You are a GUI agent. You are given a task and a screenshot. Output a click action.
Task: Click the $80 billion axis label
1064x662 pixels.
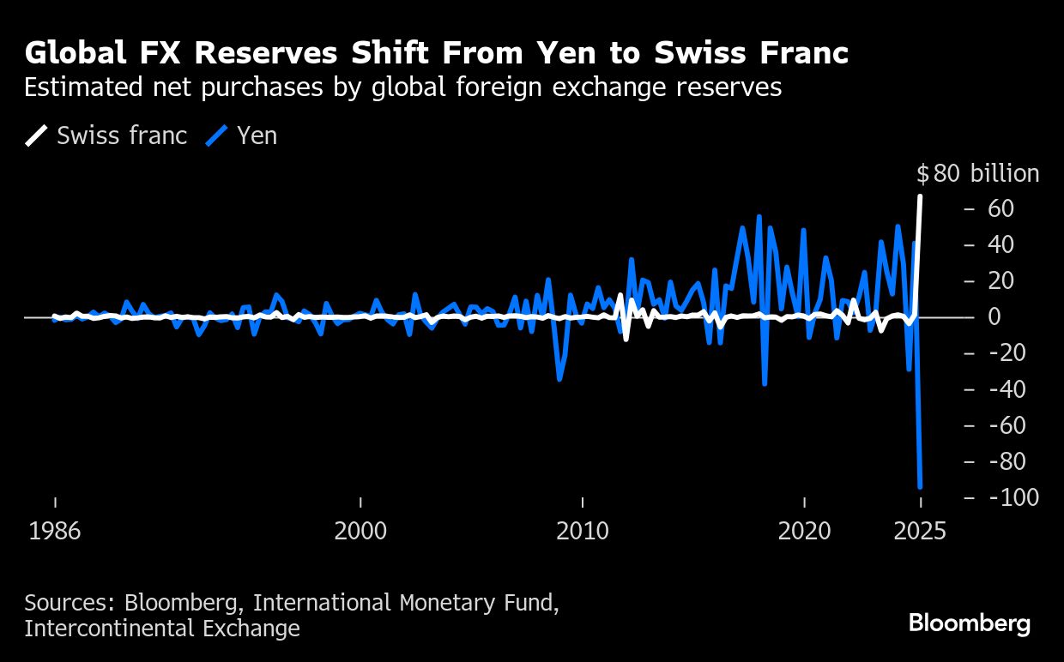coord(977,173)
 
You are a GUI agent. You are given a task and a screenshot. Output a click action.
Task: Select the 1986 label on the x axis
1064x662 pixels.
coord(55,531)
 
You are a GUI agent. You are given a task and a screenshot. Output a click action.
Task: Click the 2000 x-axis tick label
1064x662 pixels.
coord(360,531)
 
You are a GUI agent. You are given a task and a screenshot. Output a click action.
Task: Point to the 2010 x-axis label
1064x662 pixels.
coord(583,531)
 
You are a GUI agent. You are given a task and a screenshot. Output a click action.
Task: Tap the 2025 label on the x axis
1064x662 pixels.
coord(920,531)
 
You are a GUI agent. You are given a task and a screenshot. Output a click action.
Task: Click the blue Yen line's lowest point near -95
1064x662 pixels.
coord(920,486)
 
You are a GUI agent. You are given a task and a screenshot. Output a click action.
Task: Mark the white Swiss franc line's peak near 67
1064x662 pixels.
coord(920,196)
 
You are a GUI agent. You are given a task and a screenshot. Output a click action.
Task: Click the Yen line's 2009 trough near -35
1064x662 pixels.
coord(559,379)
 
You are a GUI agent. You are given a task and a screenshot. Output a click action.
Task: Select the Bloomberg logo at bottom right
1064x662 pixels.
coord(969,623)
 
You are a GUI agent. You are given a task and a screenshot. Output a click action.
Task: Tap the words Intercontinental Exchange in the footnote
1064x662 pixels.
coord(162,629)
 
